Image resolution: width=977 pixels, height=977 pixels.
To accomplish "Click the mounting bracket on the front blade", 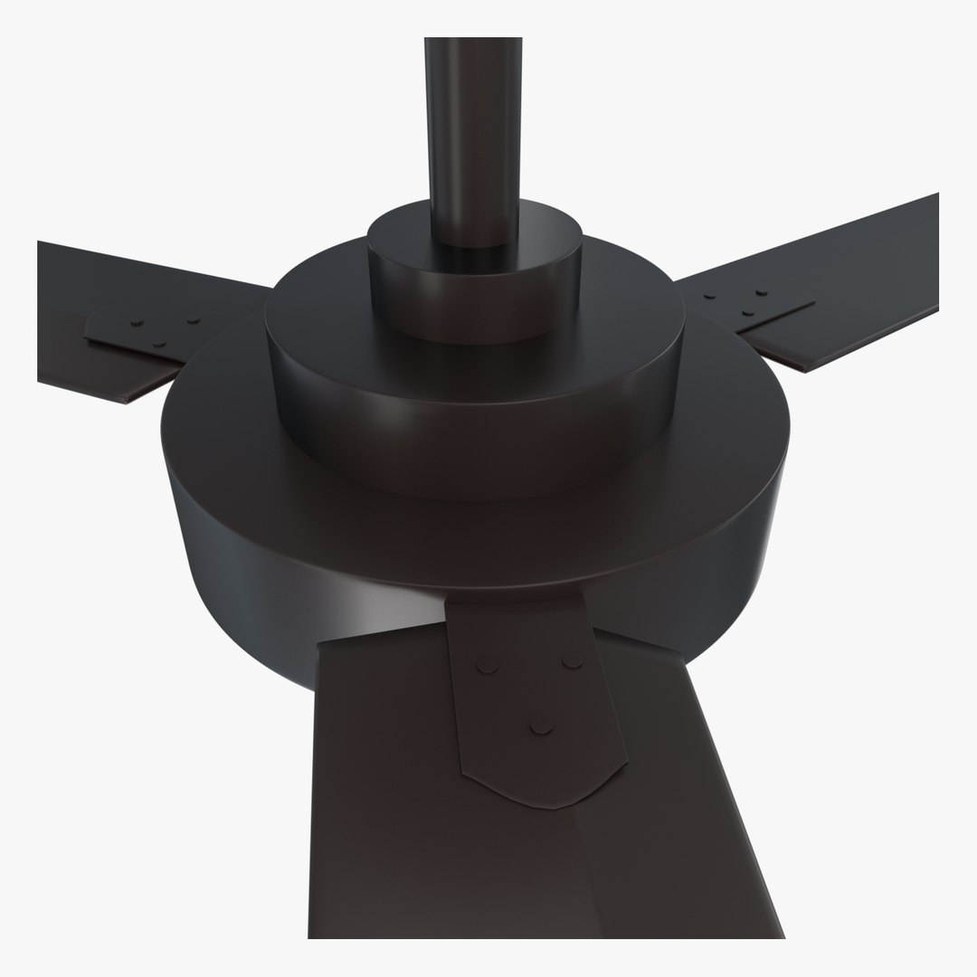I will coord(534,706).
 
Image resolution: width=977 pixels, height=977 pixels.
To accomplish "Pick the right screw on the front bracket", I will coord(572,661).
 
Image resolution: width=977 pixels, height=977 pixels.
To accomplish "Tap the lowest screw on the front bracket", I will coord(541,725).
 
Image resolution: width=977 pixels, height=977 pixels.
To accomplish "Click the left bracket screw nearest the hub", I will coord(193,318).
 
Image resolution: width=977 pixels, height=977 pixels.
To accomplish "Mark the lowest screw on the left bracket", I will coord(159,342).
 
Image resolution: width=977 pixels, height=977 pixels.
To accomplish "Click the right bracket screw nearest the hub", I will coord(710,296).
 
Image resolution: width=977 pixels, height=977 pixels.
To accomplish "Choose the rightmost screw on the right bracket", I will coord(762,293).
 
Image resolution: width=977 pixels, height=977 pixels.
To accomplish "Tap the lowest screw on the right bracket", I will coord(747,312).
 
